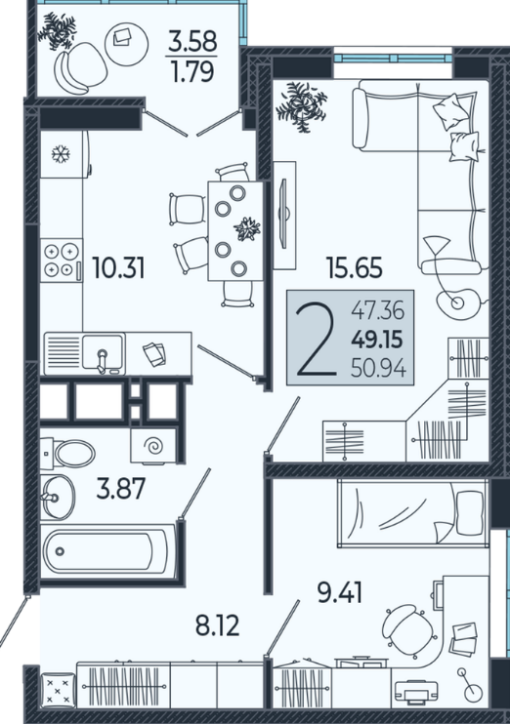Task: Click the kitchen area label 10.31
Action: (119, 267)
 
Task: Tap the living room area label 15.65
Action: (355, 267)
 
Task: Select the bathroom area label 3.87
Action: (121, 489)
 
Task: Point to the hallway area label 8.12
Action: (217, 626)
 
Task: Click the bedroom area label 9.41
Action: (340, 593)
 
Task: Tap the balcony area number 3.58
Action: (192, 41)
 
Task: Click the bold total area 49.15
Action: (377, 341)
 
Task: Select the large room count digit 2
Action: (317, 340)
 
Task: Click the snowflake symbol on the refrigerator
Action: (61, 154)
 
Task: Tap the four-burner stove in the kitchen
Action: (61, 261)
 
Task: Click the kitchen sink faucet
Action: (102, 361)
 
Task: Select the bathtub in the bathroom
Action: (107, 551)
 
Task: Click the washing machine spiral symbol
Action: (153, 447)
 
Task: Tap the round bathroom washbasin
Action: (58, 497)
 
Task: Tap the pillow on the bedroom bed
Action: (470, 512)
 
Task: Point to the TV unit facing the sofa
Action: (284, 216)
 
